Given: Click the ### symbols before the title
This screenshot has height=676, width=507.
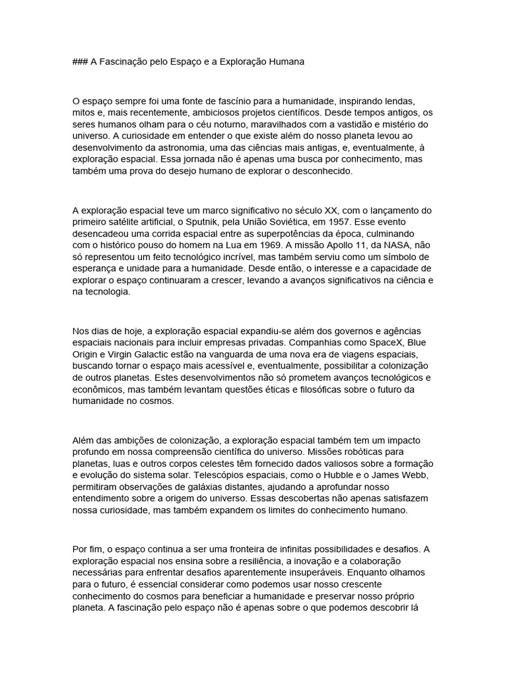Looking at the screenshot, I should click(80, 61).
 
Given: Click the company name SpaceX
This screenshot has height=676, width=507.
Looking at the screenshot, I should click(381, 343).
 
